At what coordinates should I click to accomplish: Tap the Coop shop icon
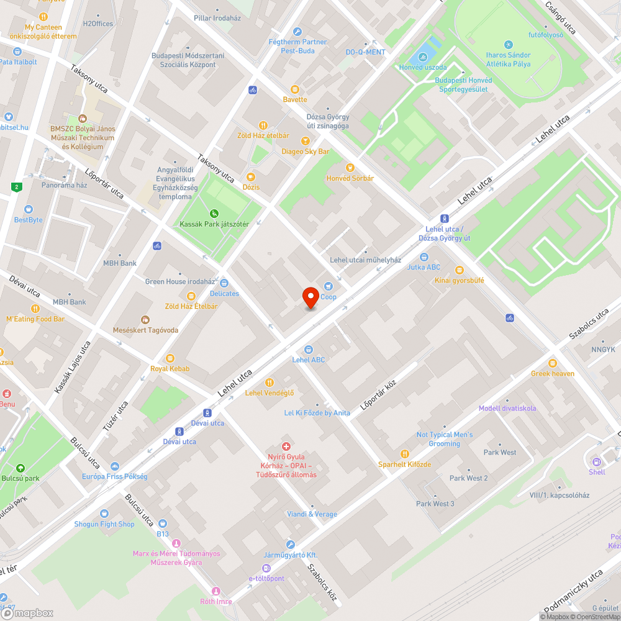(328, 286)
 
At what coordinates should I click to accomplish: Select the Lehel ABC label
(309, 360)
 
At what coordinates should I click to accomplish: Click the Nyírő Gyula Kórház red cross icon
(286, 446)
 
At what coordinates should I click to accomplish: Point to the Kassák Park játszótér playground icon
(214, 213)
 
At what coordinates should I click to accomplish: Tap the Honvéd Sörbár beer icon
(350, 167)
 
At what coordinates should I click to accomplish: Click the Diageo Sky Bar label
(305, 152)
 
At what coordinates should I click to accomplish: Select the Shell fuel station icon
(597, 461)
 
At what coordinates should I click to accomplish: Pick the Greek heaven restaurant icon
(553, 363)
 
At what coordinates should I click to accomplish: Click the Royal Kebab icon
(170, 358)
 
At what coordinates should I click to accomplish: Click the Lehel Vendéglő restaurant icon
(270, 382)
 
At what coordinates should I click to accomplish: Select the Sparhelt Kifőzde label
(404, 465)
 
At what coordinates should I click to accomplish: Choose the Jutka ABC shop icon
(424, 256)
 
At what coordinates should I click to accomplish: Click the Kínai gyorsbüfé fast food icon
(460, 270)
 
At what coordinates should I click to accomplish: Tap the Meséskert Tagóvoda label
(145, 330)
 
